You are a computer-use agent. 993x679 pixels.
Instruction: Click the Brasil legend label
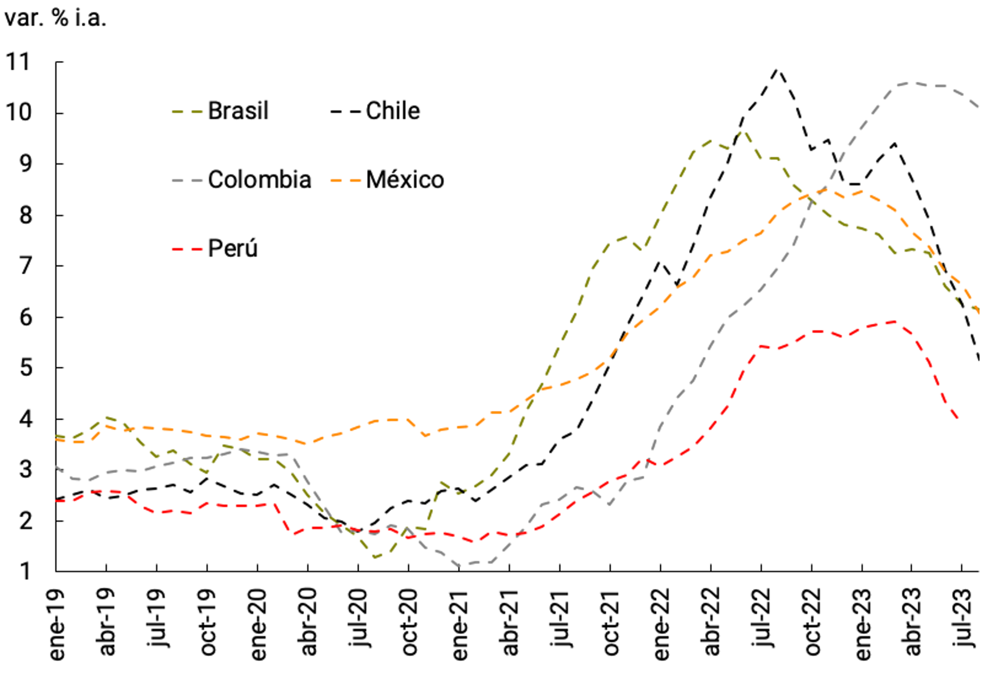pyautogui.click(x=238, y=111)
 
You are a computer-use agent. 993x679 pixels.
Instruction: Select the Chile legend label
pyautogui.click(x=393, y=111)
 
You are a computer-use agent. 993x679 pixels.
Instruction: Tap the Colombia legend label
pyautogui.click(x=259, y=179)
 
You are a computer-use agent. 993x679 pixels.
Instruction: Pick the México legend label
pyautogui.click(x=405, y=179)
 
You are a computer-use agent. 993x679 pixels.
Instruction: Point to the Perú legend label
pyautogui.click(x=232, y=248)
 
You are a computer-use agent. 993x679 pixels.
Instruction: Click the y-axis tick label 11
pyautogui.click(x=19, y=62)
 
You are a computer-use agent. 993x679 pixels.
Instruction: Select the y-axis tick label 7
pyautogui.click(x=26, y=266)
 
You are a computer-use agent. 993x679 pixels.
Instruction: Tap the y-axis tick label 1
pyautogui.click(x=26, y=572)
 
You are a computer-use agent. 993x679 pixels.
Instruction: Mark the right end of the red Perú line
pyautogui.click(x=959, y=420)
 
